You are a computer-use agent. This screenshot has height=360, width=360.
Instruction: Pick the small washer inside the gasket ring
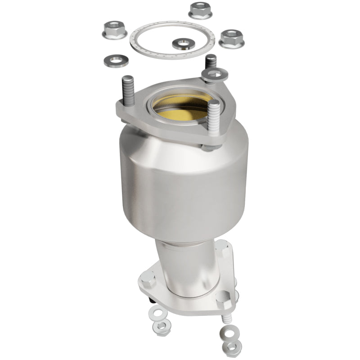(183, 44)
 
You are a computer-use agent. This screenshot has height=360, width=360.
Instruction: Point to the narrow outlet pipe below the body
(180, 270)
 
